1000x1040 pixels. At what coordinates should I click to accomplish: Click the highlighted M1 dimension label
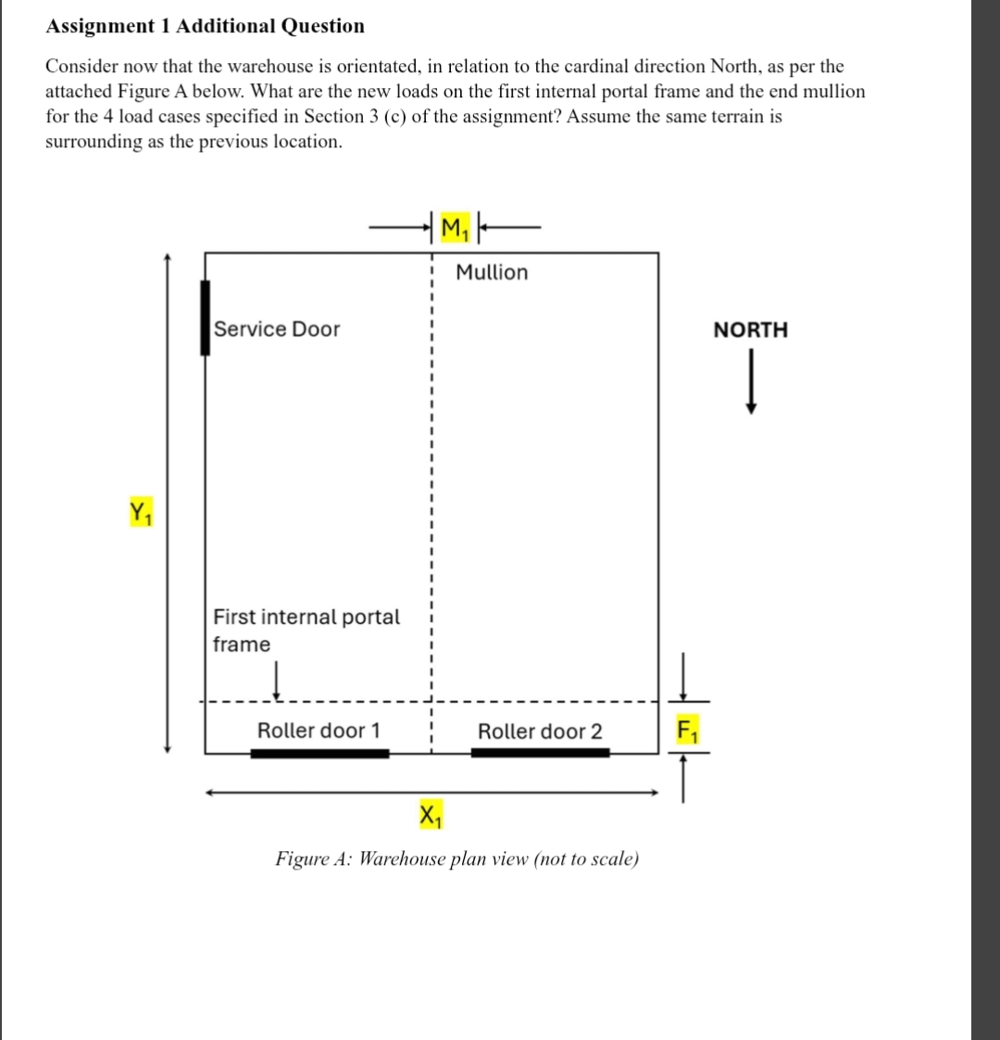pyautogui.click(x=454, y=227)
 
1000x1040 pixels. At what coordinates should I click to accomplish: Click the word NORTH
pyautogui.click(x=751, y=330)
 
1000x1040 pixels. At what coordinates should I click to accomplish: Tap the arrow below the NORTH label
pyautogui.click(x=753, y=382)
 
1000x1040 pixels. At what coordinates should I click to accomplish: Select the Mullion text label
pyautogui.click(x=492, y=272)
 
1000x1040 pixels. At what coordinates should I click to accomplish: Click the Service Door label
pyautogui.click(x=277, y=330)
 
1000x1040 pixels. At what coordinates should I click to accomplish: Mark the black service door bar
pyautogui.click(x=205, y=318)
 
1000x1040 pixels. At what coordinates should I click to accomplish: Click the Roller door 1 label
pyautogui.click(x=319, y=731)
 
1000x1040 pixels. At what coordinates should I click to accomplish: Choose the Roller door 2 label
pyautogui.click(x=540, y=732)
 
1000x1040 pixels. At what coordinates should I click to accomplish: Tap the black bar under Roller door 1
pyautogui.click(x=319, y=753)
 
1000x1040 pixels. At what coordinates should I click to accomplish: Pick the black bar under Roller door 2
pyautogui.click(x=540, y=753)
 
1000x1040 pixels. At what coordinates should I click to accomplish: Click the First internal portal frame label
pyautogui.click(x=306, y=630)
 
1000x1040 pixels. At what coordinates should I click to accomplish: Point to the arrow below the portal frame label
pyautogui.click(x=276, y=682)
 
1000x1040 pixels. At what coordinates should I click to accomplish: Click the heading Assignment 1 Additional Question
pyautogui.click(x=206, y=26)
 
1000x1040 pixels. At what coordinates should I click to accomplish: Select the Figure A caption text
pyautogui.click(x=457, y=858)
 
